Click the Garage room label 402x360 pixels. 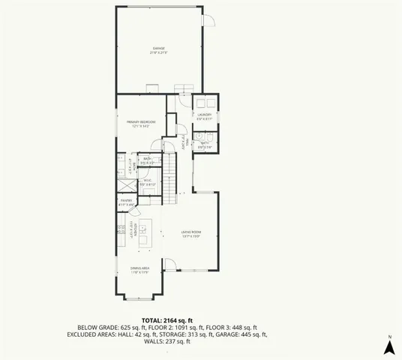pyautogui.click(x=158, y=51)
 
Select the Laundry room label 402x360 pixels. pyautogui.click(x=205, y=115)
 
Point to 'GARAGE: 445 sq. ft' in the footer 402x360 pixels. pyautogui.click(x=241, y=334)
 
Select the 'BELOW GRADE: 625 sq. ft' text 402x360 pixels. pyautogui.click(x=109, y=327)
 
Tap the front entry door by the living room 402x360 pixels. pyautogui.click(x=171, y=263)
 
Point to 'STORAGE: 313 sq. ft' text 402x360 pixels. pyautogui.click(x=185, y=334)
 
